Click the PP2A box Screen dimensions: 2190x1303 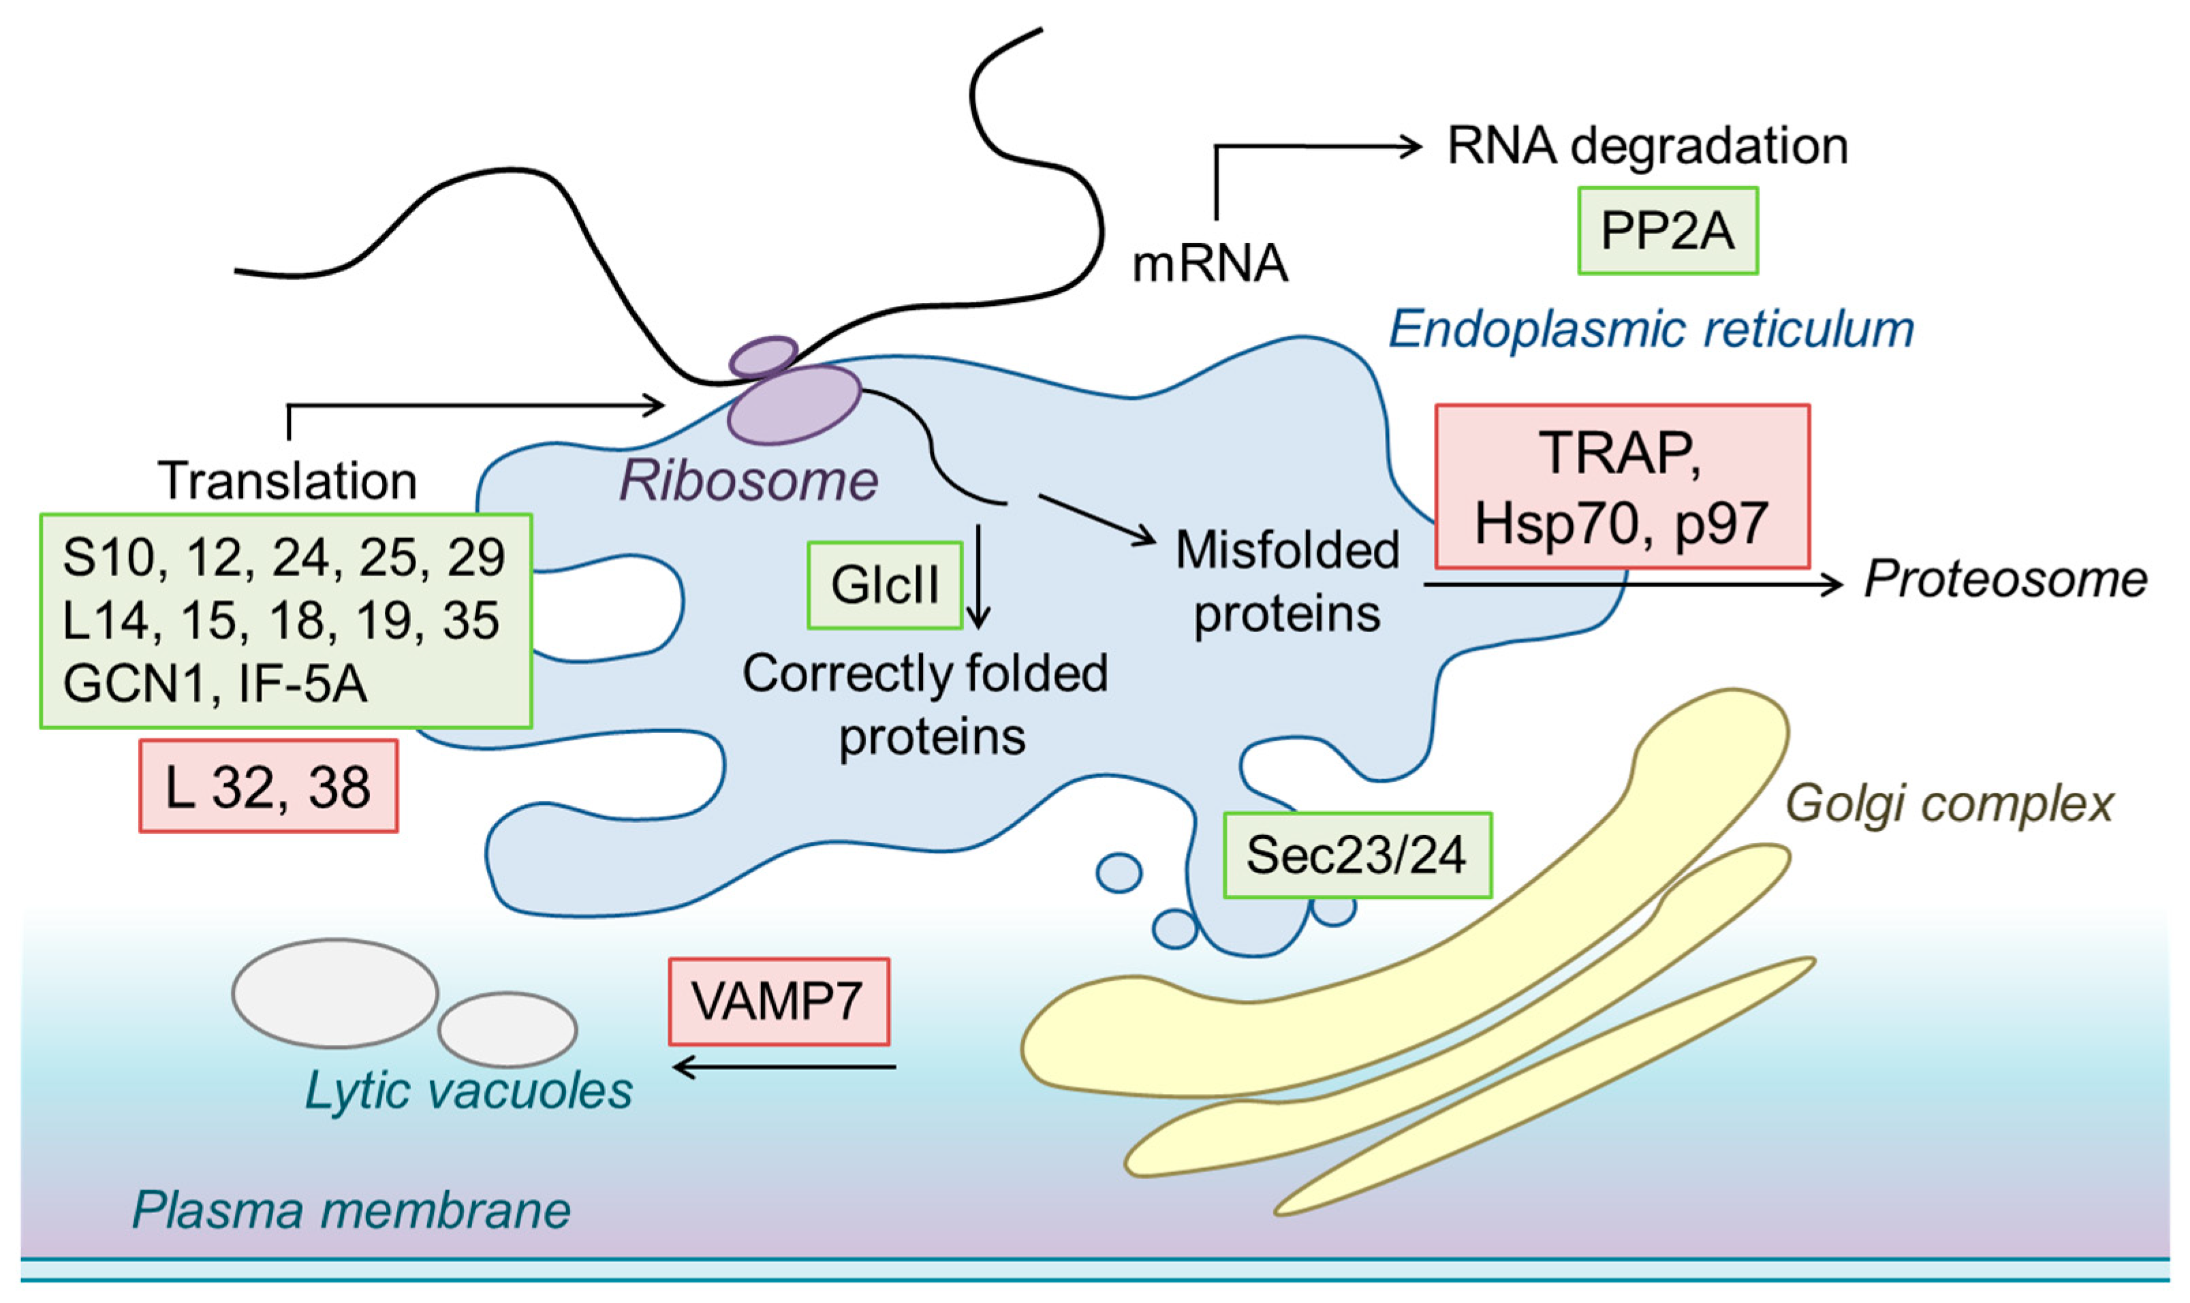[1668, 230]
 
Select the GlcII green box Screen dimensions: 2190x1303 [885, 585]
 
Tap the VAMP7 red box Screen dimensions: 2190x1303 [779, 1001]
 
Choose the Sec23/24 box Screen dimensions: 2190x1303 [1358, 854]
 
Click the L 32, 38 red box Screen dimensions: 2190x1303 [268, 786]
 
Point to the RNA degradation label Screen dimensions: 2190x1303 [1647, 146]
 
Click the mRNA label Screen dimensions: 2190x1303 [1210, 264]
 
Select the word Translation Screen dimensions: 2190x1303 [287, 480]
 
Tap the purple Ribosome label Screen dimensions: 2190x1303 [748, 481]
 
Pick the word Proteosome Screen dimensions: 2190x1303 [2005, 580]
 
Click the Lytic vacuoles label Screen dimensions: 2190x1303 [468, 1091]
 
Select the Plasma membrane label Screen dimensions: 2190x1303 [351, 1210]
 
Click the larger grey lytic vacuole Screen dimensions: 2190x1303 [335, 993]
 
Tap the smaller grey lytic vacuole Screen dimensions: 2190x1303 [507, 1029]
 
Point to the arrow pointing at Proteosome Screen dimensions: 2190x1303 [1633, 584]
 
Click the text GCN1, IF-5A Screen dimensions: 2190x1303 [215, 684]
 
